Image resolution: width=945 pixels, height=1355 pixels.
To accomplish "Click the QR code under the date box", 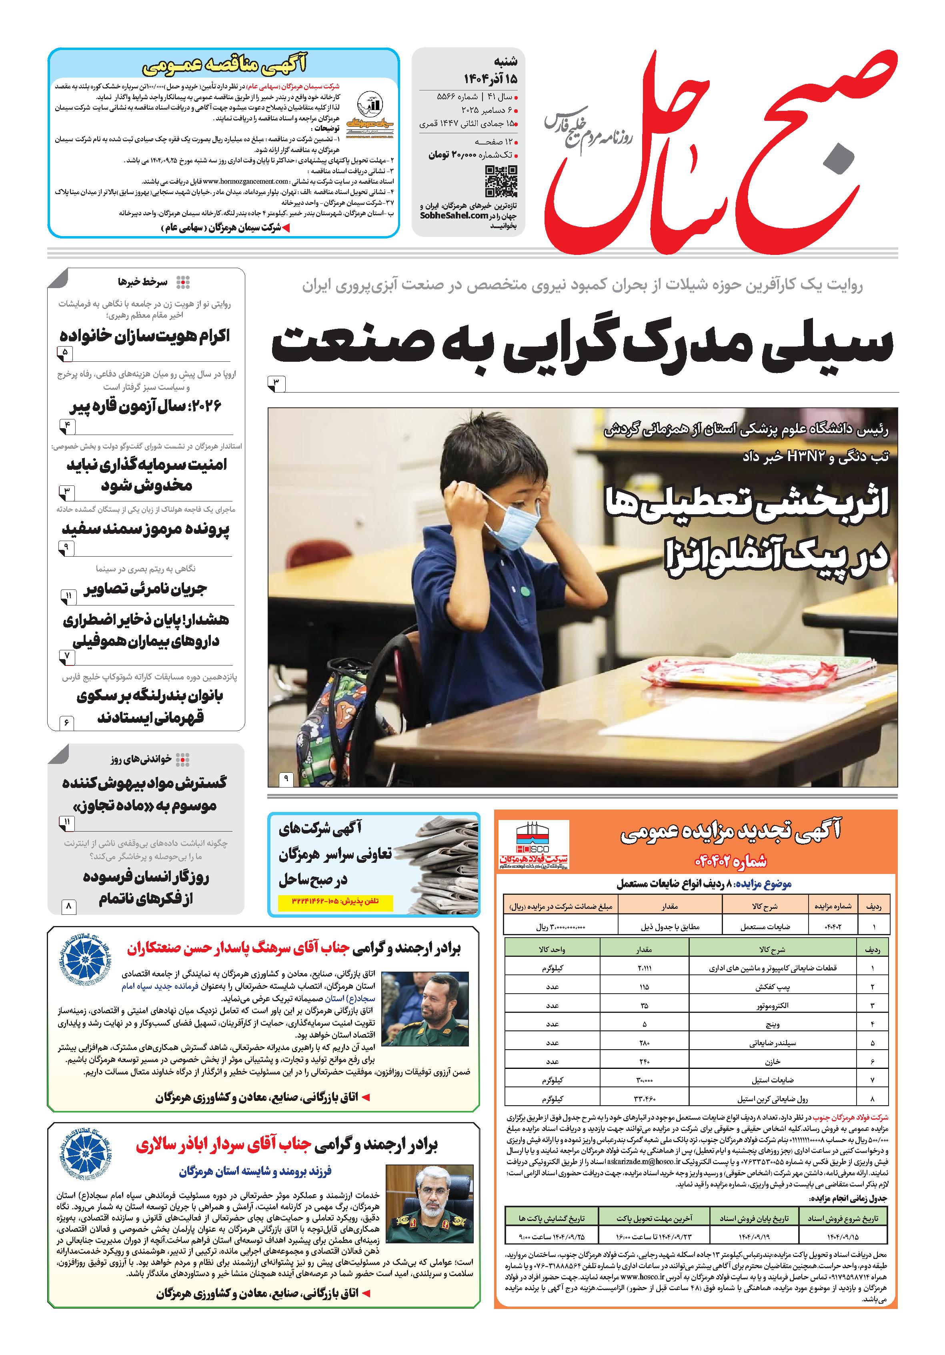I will [501, 181].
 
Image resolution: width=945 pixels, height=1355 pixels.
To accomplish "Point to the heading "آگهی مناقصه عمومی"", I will [225, 64].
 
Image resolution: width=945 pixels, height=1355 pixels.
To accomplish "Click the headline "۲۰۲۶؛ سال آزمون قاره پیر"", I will [145, 407].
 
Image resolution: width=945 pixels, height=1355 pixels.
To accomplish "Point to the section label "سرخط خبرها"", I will [142, 282].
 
